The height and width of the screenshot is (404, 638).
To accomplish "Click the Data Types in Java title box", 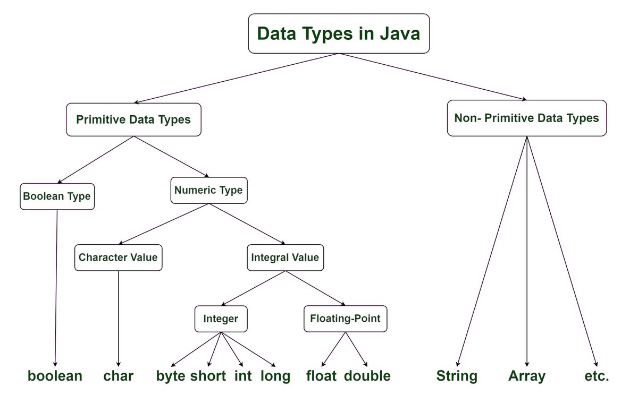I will tap(339, 33).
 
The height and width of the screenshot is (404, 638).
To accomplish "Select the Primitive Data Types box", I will tap(133, 119).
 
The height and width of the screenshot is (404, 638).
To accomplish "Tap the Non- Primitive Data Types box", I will tap(526, 118).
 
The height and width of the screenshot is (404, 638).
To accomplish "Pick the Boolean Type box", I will tap(57, 196).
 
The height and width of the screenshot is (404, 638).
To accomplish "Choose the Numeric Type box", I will tap(209, 190).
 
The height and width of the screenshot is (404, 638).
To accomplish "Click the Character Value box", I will tap(118, 257).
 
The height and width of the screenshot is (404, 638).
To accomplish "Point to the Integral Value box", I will tap(285, 257).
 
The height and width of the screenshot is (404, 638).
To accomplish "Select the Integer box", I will tap(221, 319).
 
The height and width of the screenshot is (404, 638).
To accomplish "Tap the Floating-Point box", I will tap(346, 319).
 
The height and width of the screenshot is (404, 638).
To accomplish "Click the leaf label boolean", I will tap(55, 376).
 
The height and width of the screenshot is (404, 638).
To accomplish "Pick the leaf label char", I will tap(118, 376).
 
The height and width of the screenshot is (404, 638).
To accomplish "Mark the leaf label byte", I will tap(171, 376).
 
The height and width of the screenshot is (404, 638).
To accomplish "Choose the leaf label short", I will tap(208, 376).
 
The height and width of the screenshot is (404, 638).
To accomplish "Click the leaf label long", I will tap(275, 376).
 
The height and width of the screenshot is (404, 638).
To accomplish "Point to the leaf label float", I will tap(321, 376).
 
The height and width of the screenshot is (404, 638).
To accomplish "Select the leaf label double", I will tap(367, 376).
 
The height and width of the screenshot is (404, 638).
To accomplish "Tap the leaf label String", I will tap(457, 376).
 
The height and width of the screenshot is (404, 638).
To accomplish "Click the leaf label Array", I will tap(526, 376).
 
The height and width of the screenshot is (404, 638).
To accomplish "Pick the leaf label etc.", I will tap(596, 376).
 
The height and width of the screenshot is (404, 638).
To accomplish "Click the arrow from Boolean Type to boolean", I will tap(56, 287).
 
